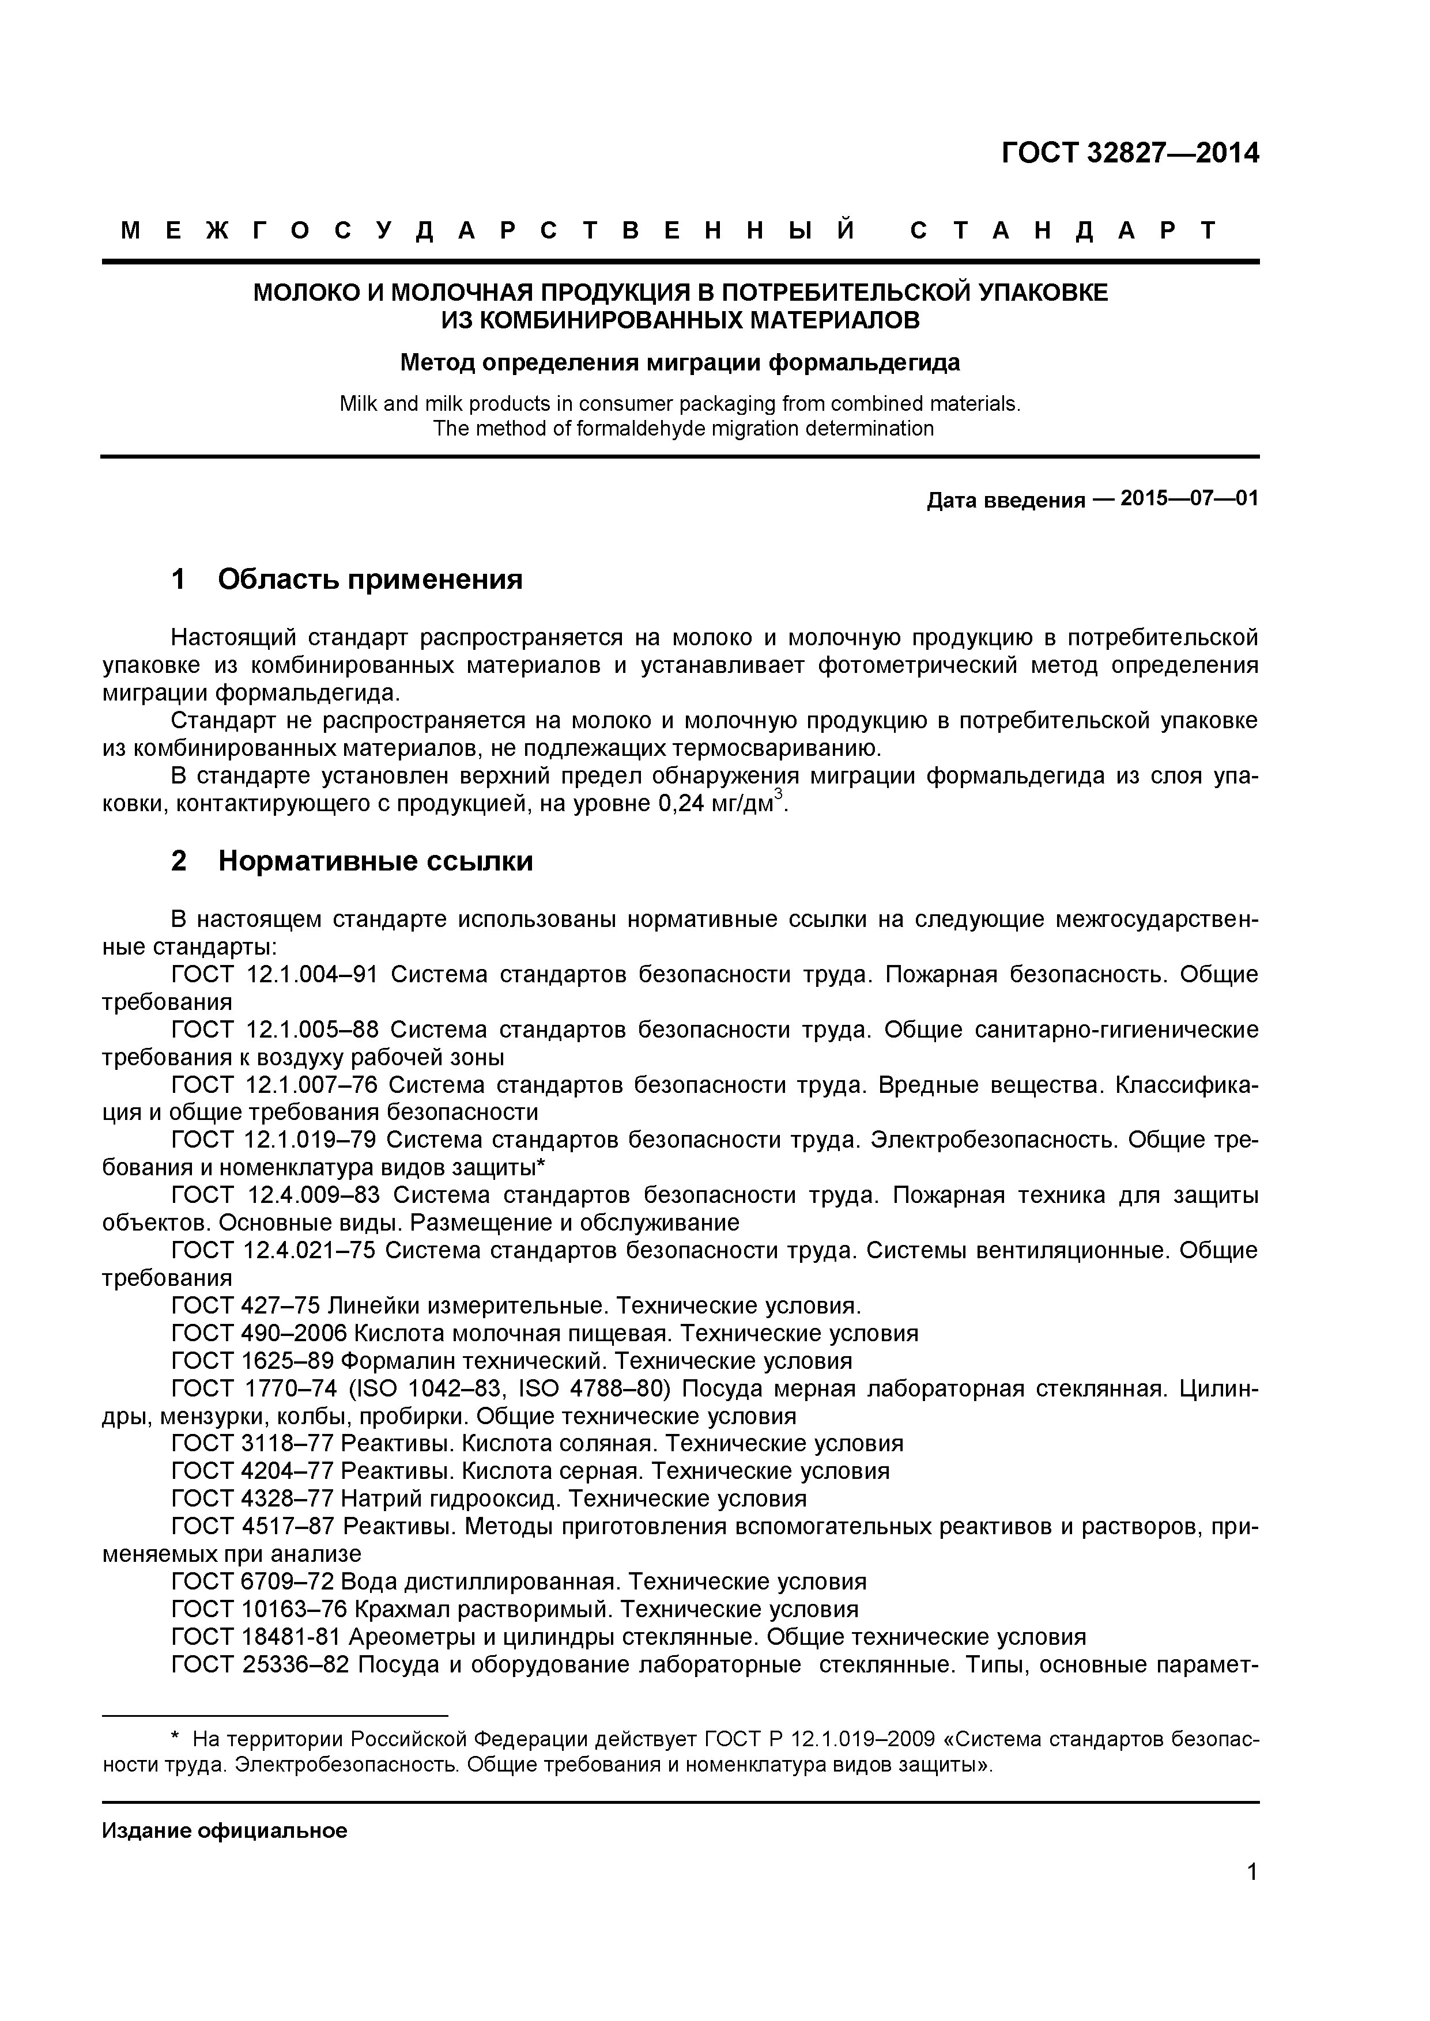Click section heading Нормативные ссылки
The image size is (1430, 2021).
375,860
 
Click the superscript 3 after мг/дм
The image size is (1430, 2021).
778,796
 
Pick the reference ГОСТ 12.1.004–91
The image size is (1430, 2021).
274,974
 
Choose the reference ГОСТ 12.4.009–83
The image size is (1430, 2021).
274,1195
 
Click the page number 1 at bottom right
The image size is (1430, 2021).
1252,1896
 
